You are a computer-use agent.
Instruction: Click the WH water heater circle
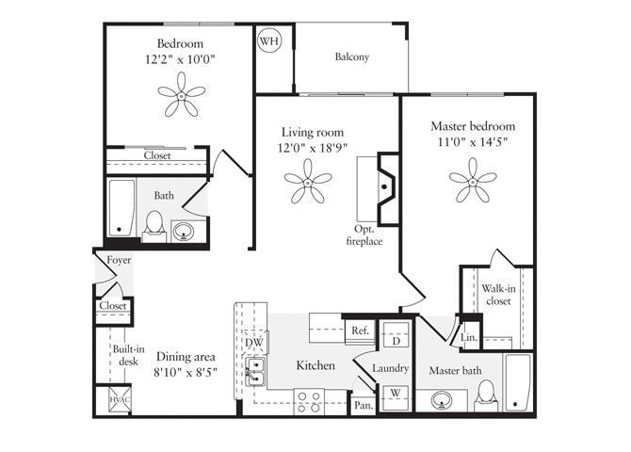269,41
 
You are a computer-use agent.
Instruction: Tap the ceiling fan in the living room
308,180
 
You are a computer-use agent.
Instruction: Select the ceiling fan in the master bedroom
472,179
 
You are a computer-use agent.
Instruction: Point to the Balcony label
351,56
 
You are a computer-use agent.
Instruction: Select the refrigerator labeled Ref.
359,331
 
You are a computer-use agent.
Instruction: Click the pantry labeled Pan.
362,404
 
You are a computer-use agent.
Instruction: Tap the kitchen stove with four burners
310,401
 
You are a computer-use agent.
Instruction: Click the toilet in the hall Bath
154,226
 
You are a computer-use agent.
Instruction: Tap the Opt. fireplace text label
364,235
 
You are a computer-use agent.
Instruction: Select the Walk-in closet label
497,296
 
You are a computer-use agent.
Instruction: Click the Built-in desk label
127,354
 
